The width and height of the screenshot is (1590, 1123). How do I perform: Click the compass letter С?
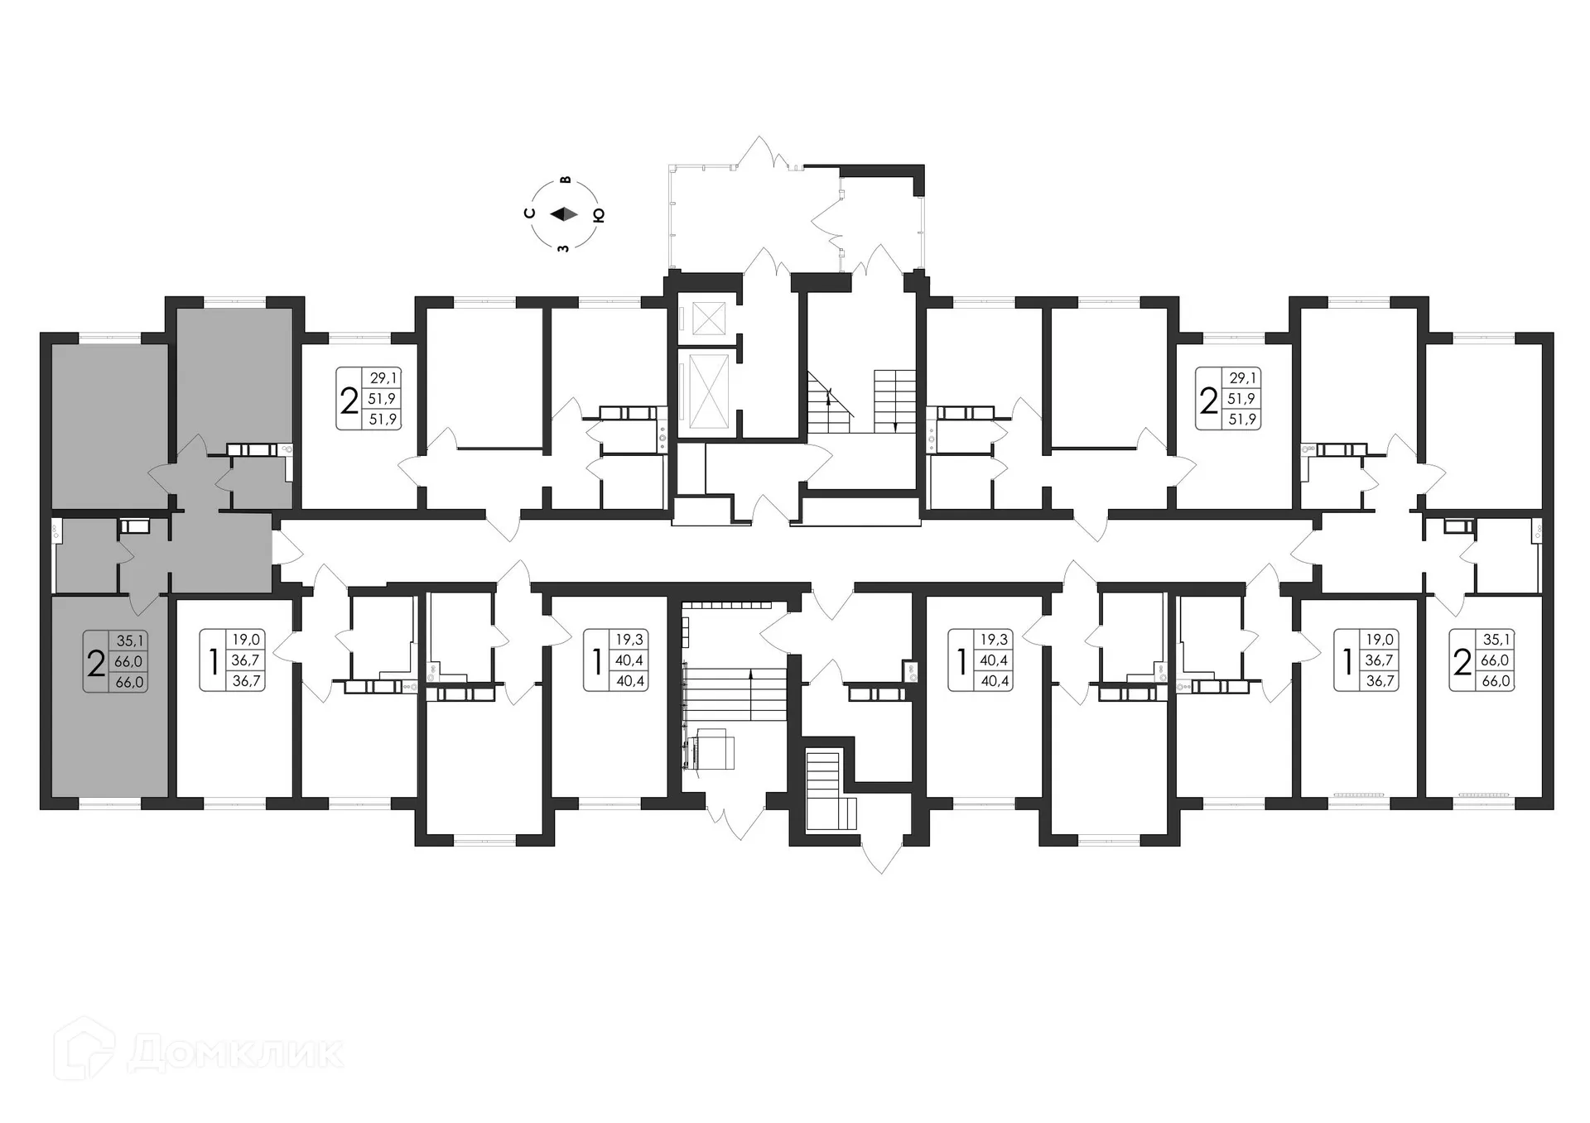point(530,214)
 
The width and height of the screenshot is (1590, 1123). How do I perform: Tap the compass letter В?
point(566,180)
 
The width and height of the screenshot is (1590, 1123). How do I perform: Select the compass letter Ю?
point(599,214)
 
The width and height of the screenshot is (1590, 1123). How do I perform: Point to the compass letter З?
point(563,247)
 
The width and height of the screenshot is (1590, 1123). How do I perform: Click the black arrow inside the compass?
point(564,214)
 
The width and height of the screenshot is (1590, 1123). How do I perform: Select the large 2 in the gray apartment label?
point(96,662)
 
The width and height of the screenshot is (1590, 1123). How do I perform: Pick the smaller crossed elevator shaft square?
point(708,319)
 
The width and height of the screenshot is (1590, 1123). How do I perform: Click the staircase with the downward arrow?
point(895,401)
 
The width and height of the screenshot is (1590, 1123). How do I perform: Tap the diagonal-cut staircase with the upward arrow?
point(829,402)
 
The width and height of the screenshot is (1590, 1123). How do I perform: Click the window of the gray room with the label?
point(109,803)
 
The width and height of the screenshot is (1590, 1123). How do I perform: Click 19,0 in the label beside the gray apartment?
point(246,640)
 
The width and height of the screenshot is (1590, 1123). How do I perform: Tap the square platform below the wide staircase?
point(714,749)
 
